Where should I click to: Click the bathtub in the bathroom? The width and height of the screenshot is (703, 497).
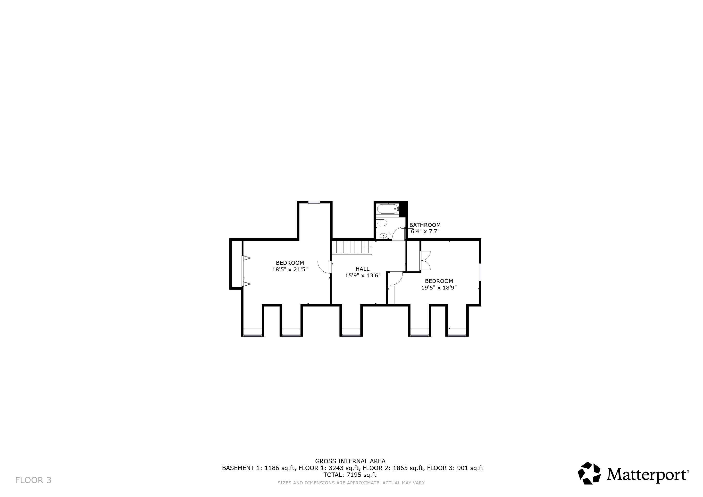pyautogui.click(x=388, y=209)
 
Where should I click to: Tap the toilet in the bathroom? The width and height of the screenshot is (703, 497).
pyautogui.click(x=382, y=223)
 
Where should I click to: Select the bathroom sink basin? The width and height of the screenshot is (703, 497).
pyautogui.click(x=383, y=236)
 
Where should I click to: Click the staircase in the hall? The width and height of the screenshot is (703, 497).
pyautogui.click(x=352, y=247)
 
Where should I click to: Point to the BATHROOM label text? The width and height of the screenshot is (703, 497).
pyautogui.click(x=425, y=225)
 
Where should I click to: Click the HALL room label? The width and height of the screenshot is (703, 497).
pyautogui.click(x=362, y=269)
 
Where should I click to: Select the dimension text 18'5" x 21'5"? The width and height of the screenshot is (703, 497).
pyautogui.click(x=290, y=270)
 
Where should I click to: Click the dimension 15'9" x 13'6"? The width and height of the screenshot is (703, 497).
pyautogui.click(x=363, y=275)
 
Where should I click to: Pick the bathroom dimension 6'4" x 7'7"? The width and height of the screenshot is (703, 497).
pyautogui.click(x=425, y=231)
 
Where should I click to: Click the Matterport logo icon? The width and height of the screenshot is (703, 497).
pyautogui.click(x=589, y=473)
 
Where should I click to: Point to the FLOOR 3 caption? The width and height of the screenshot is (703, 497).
pyautogui.click(x=33, y=480)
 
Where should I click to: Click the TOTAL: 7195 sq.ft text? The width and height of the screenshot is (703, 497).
pyautogui.click(x=350, y=475)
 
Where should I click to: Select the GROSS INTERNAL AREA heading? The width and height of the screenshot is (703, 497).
pyautogui.click(x=350, y=461)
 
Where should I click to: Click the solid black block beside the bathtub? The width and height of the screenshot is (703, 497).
pyautogui.click(x=403, y=209)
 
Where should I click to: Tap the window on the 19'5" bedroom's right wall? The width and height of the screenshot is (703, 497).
pyautogui.click(x=480, y=272)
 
